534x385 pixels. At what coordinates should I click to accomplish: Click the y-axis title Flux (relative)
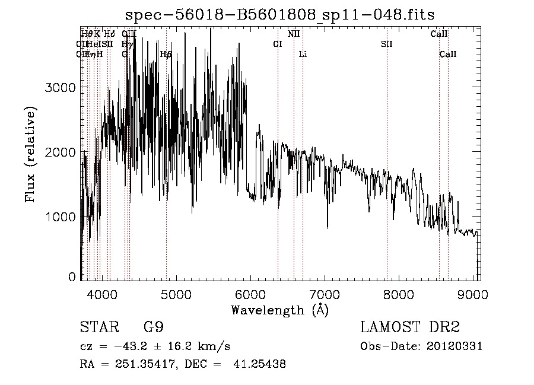coord(30,154)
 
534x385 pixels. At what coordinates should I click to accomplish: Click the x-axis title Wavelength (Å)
coord(279,310)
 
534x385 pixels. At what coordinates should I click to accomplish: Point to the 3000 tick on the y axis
coord(61,88)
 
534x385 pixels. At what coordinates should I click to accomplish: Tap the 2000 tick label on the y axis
coord(61,152)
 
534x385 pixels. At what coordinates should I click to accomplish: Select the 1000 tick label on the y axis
coord(61,217)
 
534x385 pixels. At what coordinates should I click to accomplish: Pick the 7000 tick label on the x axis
coord(325,293)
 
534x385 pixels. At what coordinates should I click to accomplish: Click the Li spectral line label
coord(303,54)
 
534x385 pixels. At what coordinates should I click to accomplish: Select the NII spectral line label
coord(294,34)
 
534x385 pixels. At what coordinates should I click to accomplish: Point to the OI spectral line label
coord(277,44)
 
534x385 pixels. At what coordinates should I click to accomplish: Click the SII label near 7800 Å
coord(387,44)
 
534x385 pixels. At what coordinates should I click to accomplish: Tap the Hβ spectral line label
coord(166,54)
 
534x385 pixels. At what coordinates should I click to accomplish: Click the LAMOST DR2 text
coord(410,327)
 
